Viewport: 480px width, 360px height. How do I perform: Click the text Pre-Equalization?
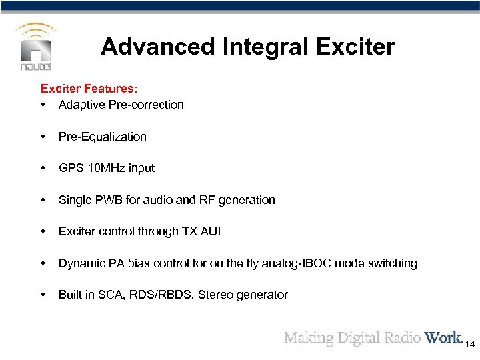(102, 137)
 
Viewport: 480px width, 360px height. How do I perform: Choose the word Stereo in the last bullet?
(227, 295)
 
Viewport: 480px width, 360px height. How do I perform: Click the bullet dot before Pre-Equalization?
(44, 137)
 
